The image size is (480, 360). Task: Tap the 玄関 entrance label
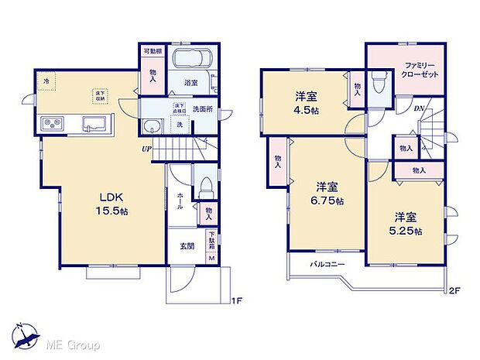coord(187,246)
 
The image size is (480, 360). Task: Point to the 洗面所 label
coord(204,109)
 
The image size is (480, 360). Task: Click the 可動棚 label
coord(153,52)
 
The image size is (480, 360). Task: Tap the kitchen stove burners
coord(53,123)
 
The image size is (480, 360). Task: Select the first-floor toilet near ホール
coord(206,187)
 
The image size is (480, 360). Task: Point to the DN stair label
coord(418,109)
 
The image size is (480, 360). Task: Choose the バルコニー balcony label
coord(327,265)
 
